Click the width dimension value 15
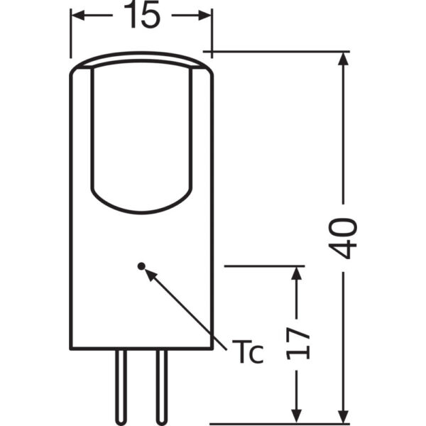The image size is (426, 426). coord(141,16)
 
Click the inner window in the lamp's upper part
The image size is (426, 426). coord(142,135)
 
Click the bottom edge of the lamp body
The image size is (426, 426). coord(142,348)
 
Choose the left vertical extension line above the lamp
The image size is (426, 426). coord(70,35)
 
